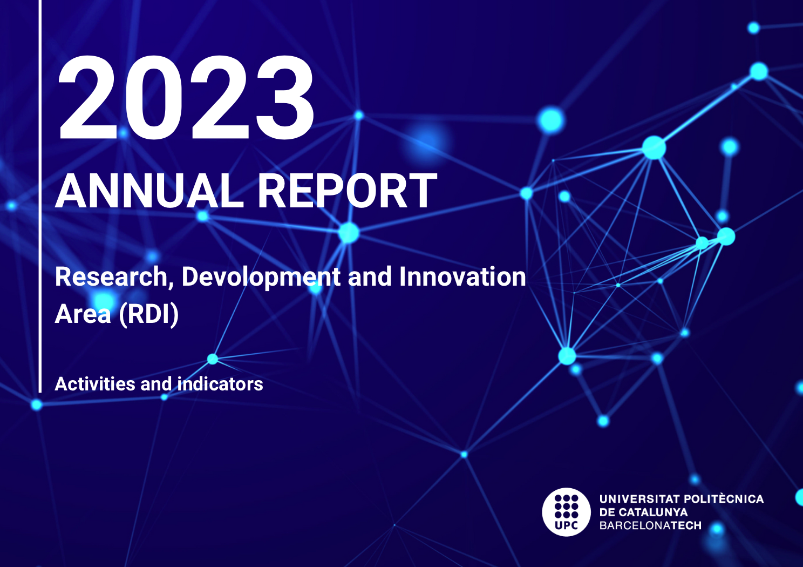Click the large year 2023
186,97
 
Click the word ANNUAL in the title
149,191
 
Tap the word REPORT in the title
348,191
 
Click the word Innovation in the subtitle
462,276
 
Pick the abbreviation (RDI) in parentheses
148,314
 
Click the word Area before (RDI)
83,314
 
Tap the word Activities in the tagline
94,384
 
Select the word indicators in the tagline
220,384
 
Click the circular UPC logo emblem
567,512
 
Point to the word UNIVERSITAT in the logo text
639,499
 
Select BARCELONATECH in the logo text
650,525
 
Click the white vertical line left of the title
40,196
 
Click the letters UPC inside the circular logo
567,525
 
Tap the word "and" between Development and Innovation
370,276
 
